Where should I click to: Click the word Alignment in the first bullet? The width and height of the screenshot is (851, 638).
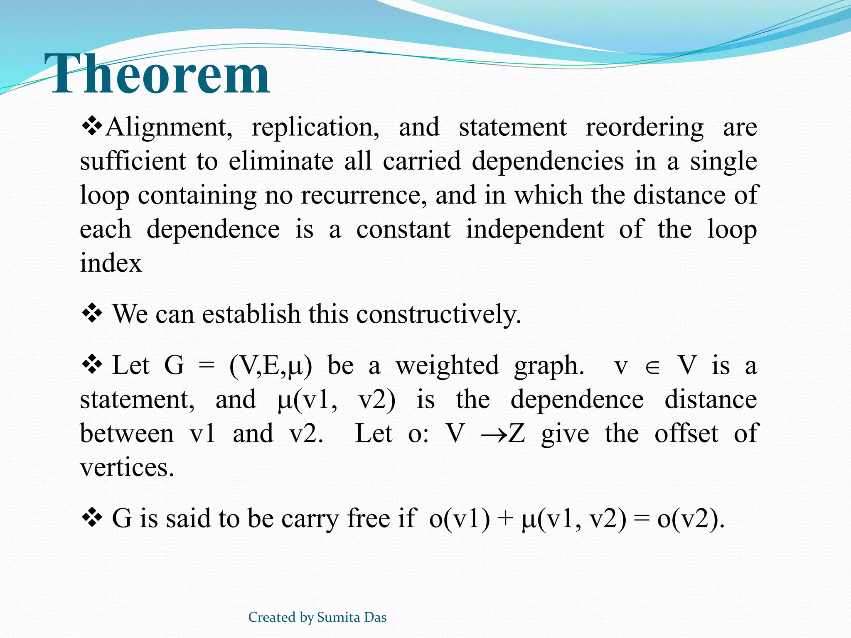[x=168, y=127]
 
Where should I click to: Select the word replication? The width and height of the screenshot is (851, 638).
[x=315, y=127]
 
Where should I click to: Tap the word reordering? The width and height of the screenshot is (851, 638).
[x=644, y=127]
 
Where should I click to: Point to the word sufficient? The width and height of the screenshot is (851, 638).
[x=133, y=161]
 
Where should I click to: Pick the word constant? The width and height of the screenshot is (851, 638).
[x=403, y=229]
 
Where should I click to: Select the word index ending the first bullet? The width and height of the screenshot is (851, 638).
[x=111, y=263]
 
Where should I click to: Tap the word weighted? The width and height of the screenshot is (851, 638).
[x=447, y=366]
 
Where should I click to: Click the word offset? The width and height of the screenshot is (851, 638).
[x=686, y=434]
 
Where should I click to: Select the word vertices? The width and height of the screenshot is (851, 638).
[x=127, y=468]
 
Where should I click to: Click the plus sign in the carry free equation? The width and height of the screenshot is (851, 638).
[x=505, y=519]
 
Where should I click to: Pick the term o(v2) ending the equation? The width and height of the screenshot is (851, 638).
[x=690, y=519]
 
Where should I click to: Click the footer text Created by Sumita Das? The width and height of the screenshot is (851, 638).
[x=317, y=617]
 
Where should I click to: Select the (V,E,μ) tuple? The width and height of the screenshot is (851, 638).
[x=270, y=366]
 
